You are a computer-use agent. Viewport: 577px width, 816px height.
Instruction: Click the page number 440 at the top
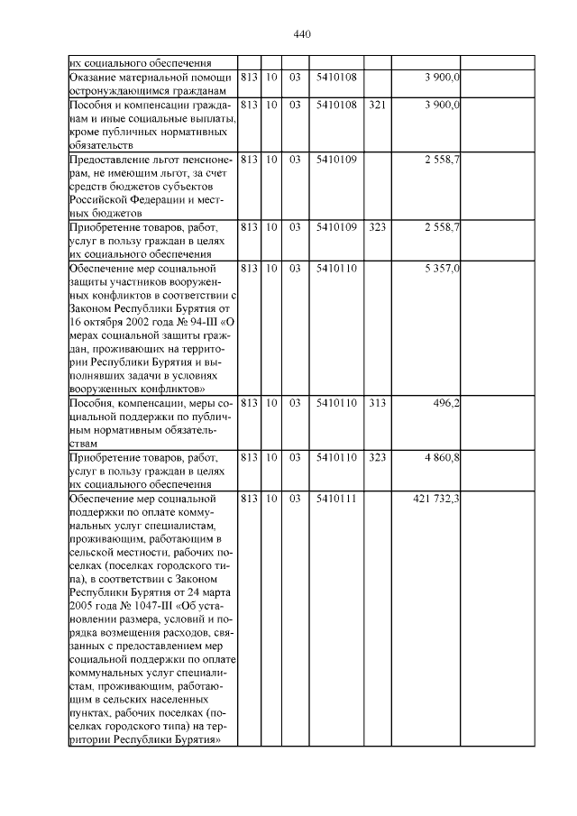(302, 34)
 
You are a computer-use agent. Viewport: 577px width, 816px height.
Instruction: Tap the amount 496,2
(446, 402)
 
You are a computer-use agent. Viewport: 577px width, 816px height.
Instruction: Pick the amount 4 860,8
(442, 459)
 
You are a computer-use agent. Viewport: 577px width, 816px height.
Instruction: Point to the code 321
(378, 105)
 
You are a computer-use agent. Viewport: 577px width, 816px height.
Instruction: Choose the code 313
(378, 402)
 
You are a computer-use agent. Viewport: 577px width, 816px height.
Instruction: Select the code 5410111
(336, 499)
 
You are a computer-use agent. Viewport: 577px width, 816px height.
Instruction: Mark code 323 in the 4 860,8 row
(378, 459)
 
